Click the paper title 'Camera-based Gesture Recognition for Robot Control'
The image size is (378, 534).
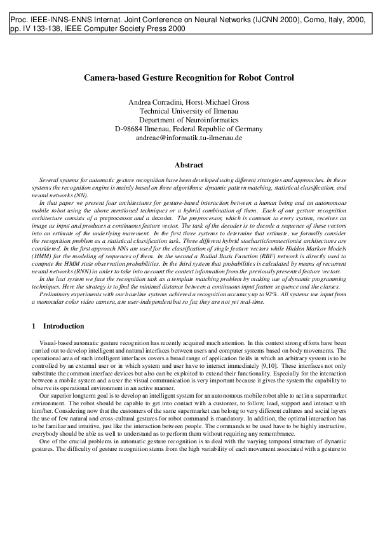click(x=189, y=78)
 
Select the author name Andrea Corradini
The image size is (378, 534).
click(x=154, y=101)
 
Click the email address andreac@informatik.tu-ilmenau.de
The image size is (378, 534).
click(x=189, y=137)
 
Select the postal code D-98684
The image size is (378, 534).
click(x=130, y=128)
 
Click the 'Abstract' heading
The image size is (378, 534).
click(x=189, y=166)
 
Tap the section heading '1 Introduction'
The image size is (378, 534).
click(x=58, y=327)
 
